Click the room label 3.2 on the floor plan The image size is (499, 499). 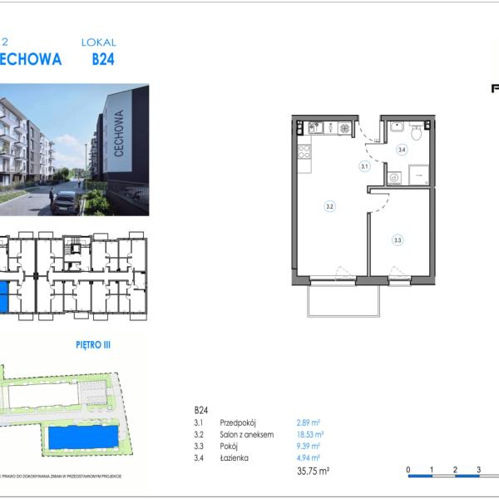[x=330, y=206]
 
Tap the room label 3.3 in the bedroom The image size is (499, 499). [x=398, y=240]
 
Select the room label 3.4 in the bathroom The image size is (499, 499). [x=402, y=151]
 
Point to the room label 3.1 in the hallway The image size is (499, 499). [x=364, y=166]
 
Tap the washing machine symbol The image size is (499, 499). [x=394, y=176]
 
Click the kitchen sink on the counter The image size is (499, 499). [x=317, y=128]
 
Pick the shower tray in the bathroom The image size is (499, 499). [x=417, y=175]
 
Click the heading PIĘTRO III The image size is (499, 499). [x=93, y=342]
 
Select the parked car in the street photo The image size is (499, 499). [x=65, y=201]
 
